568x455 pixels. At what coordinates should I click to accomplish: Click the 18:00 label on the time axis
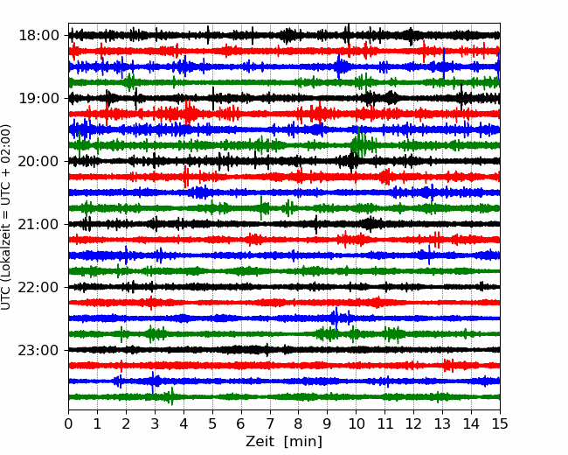38,36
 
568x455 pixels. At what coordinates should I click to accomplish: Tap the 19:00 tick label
38,98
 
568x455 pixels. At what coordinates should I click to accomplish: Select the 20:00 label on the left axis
38,161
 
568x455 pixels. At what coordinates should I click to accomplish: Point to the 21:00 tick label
38,224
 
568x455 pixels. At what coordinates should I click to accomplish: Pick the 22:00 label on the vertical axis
38,287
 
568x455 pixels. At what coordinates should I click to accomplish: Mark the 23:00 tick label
38,350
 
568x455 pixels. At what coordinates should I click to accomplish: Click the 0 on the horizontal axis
68,423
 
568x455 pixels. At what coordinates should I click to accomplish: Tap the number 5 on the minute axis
212,423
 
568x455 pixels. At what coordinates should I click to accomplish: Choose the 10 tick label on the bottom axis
356,423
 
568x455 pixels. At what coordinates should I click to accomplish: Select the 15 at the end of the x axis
500,423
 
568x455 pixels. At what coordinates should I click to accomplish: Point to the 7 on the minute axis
270,423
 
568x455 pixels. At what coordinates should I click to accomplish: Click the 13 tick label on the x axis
442,423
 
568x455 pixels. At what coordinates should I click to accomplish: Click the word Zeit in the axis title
260,441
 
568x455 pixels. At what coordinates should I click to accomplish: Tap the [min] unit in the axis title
303,442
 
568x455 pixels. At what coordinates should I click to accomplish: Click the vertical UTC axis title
6,217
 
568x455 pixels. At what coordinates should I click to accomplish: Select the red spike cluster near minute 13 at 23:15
449,366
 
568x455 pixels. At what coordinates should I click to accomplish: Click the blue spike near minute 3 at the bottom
153,381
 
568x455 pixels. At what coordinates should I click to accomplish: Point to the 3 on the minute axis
155,423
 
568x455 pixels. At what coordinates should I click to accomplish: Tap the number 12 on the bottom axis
413,423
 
